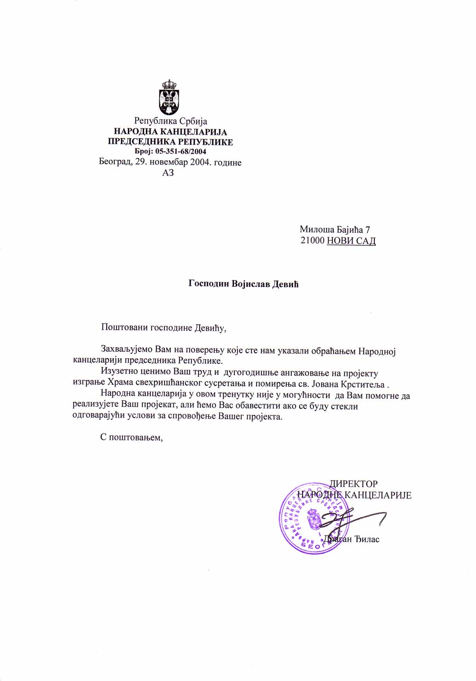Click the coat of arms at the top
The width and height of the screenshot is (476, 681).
169,97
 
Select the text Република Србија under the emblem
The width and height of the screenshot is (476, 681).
170,121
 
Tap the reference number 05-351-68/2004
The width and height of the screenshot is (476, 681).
180,151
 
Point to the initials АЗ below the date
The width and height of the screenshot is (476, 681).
168,173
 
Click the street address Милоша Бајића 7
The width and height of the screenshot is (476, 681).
335,229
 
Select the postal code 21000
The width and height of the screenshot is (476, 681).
312,240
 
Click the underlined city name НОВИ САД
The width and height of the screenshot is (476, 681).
351,240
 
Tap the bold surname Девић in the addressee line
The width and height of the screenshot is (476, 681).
285,284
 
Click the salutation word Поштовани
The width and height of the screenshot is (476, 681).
123,328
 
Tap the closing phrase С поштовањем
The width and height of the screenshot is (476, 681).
132,437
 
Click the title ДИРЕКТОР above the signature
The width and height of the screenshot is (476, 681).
353,484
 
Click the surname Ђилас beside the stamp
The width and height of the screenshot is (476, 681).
367,539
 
